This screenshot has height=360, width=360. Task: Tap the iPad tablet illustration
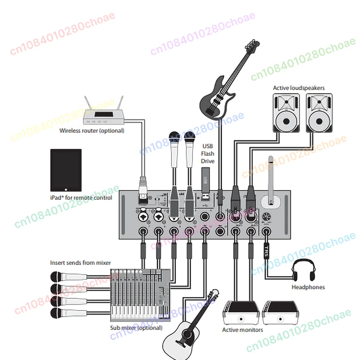66,170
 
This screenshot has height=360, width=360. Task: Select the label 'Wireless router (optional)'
92,131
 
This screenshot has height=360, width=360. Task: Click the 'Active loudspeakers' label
299,88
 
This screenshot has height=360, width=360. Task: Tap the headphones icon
307,270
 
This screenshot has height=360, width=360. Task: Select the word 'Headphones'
308,287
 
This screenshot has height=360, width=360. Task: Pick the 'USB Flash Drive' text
208,153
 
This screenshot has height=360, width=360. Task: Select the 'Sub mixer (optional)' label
136,328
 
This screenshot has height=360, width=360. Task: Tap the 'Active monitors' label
243,330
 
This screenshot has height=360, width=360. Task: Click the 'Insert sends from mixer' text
80,263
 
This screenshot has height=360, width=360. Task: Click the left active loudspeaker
286,113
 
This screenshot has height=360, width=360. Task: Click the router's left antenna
88,103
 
